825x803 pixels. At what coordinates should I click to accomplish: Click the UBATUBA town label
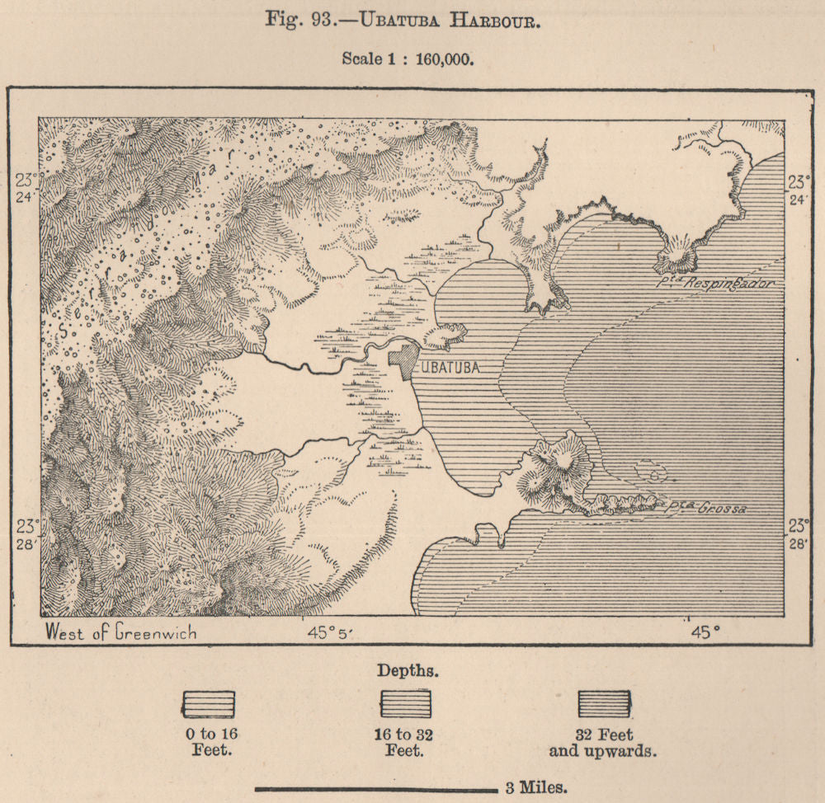point(451,368)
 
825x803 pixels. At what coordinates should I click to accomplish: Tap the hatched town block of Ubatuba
point(403,362)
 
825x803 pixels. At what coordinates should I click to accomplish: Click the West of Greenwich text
point(120,632)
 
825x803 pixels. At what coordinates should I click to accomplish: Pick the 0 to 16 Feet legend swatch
point(208,703)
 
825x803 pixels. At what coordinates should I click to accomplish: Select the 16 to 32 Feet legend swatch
point(405,703)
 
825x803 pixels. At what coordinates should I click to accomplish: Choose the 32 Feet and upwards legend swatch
point(604,703)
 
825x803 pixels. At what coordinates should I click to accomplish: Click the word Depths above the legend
point(408,669)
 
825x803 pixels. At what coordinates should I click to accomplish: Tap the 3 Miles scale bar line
point(375,787)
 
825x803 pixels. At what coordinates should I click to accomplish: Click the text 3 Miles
point(535,786)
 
